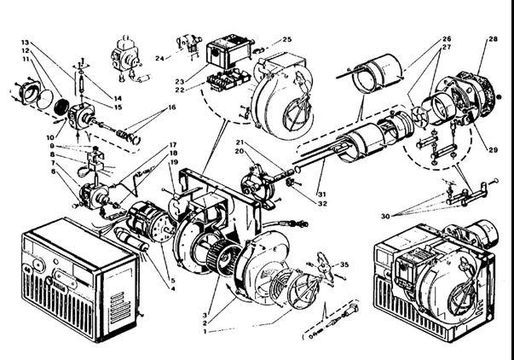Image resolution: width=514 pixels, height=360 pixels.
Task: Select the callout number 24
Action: point(159,58)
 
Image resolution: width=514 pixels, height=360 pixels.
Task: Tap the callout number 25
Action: point(286,39)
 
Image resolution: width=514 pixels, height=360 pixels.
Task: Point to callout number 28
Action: point(493,39)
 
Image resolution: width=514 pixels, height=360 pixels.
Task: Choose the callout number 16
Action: point(171,108)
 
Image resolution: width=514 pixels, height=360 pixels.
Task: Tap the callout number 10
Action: point(49,137)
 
